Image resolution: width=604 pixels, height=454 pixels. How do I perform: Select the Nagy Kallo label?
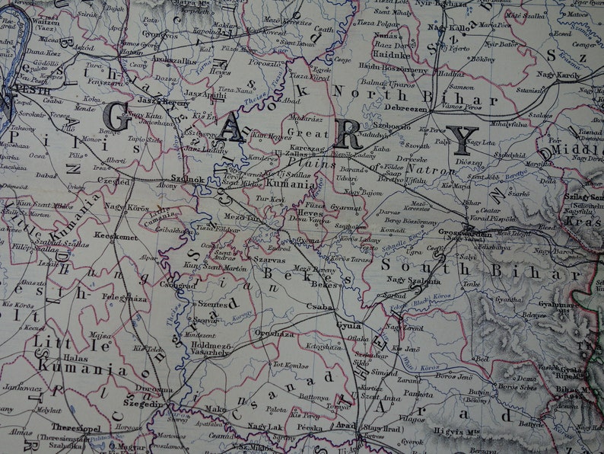pyautogui.click(x=448, y=28)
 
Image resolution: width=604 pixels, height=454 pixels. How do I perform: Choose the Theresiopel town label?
pyautogui.click(x=78, y=428)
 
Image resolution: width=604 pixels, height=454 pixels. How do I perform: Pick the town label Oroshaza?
pyautogui.click(x=275, y=334)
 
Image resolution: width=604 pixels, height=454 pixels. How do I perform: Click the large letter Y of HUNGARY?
pyautogui.click(x=462, y=140)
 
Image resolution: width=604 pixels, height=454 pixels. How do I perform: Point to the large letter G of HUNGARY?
pyautogui.click(x=116, y=117)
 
